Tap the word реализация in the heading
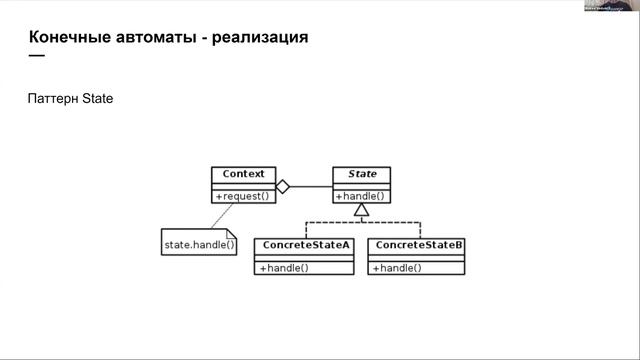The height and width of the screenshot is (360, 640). click(x=260, y=37)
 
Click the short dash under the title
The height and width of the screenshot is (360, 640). click(x=37, y=55)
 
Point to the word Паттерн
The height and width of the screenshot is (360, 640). click(x=52, y=100)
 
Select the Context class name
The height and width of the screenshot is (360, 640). click(x=243, y=174)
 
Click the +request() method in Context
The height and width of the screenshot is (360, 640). click(x=243, y=196)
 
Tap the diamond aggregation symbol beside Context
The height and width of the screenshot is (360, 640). click(x=283, y=186)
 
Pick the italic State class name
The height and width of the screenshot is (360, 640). click(x=362, y=174)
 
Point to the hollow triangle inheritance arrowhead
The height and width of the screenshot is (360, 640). click(x=362, y=211)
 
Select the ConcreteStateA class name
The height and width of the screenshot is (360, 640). click(x=305, y=245)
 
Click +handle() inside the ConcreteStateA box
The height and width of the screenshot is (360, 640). click(x=284, y=268)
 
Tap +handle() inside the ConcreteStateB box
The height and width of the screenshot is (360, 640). click(x=396, y=268)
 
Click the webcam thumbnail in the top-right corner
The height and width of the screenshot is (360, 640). click(x=612, y=6)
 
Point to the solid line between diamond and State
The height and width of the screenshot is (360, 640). click(x=311, y=186)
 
